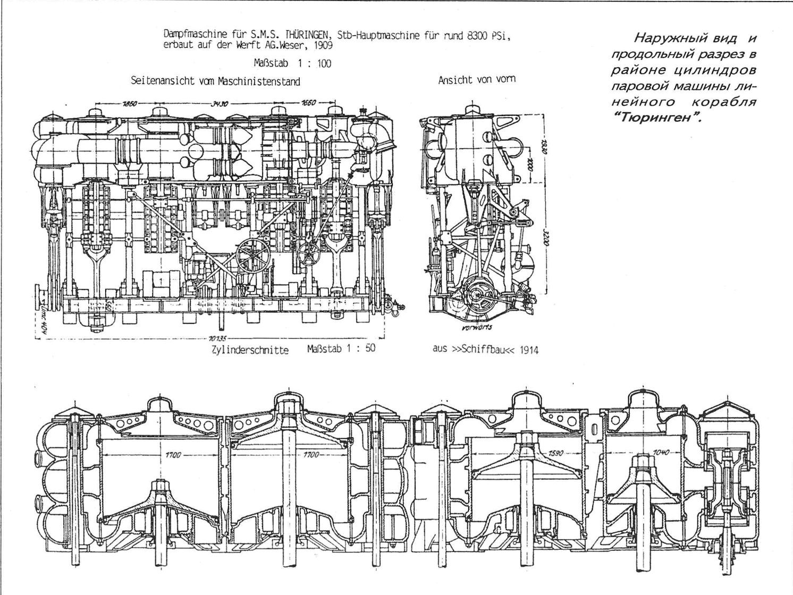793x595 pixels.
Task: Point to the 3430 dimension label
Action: click(x=220, y=104)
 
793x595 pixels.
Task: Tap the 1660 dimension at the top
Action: click(x=309, y=104)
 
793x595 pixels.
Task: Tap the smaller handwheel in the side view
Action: click(x=308, y=254)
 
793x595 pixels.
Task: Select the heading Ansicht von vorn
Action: click(x=476, y=80)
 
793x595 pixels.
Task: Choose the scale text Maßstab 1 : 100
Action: click(x=292, y=63)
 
